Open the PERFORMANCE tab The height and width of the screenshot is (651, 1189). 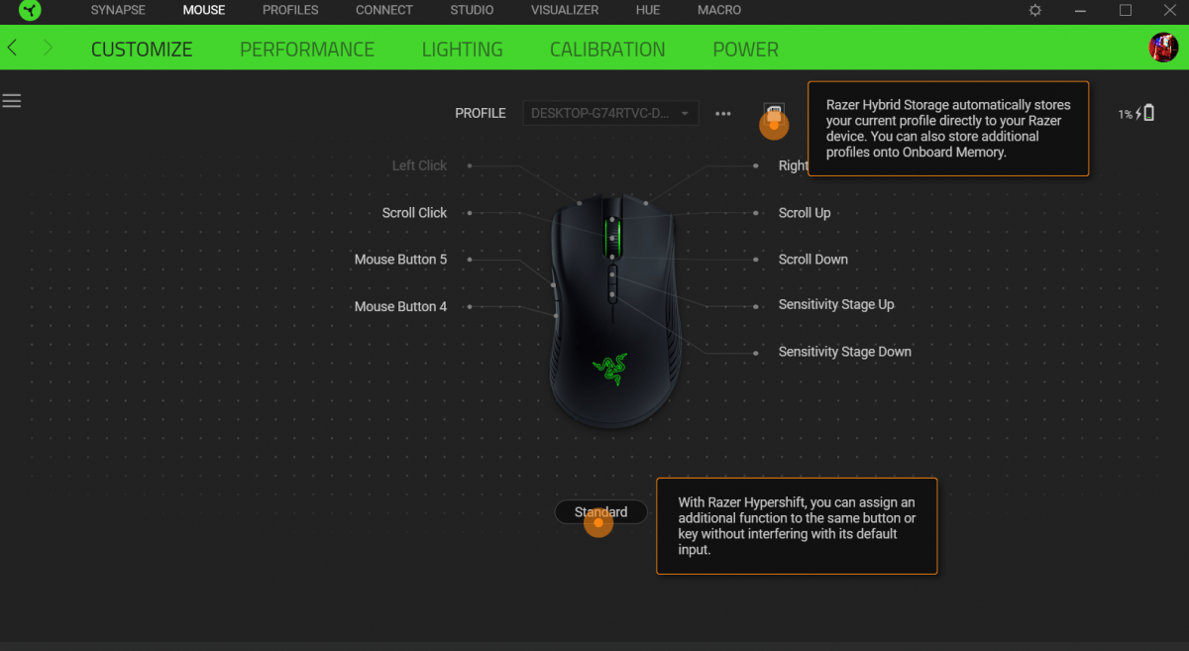307,50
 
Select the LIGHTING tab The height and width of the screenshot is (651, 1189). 462,50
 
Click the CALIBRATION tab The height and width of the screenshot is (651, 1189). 607,50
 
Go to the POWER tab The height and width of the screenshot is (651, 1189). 745,50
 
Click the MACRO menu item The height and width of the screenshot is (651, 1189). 719,10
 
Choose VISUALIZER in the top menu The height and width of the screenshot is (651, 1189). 565,10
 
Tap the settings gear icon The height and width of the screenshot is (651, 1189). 1035,10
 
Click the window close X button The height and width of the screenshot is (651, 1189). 1170,10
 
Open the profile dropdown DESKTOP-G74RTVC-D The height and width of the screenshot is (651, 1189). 610,113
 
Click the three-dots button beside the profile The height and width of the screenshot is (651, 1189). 723,114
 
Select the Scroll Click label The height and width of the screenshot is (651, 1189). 414,213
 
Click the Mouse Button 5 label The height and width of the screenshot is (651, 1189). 400,260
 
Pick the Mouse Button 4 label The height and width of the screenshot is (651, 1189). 400,306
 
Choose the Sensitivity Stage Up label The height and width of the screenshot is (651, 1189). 836,305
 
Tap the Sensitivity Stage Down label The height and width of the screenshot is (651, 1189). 844,352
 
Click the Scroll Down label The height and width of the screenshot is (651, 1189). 812,260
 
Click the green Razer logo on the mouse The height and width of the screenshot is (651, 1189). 610,369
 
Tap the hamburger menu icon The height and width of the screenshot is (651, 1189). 12,101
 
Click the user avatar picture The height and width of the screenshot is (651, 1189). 1163,48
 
